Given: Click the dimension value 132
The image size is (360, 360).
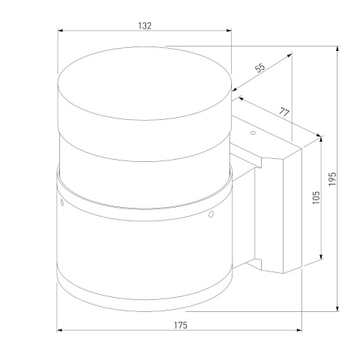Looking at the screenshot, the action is pyautogui.click(x=145, y=25).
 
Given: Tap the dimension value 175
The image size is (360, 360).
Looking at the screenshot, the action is pyautogui.click(x=181, y=325).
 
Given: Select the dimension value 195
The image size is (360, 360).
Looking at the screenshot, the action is pyautogui.click(x=332, y=178).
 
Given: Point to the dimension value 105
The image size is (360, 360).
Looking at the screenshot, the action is pyautogui.click(x=316, y=197).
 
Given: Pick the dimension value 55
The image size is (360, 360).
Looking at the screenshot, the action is pyautogui.click(x=260, y=67).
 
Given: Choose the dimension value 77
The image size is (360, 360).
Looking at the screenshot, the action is pyautogui.click(x=284, y=112).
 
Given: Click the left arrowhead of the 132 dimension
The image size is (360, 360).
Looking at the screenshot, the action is pyautogui.click(x=60, y=31).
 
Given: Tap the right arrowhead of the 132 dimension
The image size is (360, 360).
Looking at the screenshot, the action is pyautogui.click(x=229, y=31).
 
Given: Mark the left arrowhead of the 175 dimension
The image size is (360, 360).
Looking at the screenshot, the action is pyautogui.click(x=60, y=330).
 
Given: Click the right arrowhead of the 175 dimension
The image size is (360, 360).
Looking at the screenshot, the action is pyautogui.click(x=299, y=330).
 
